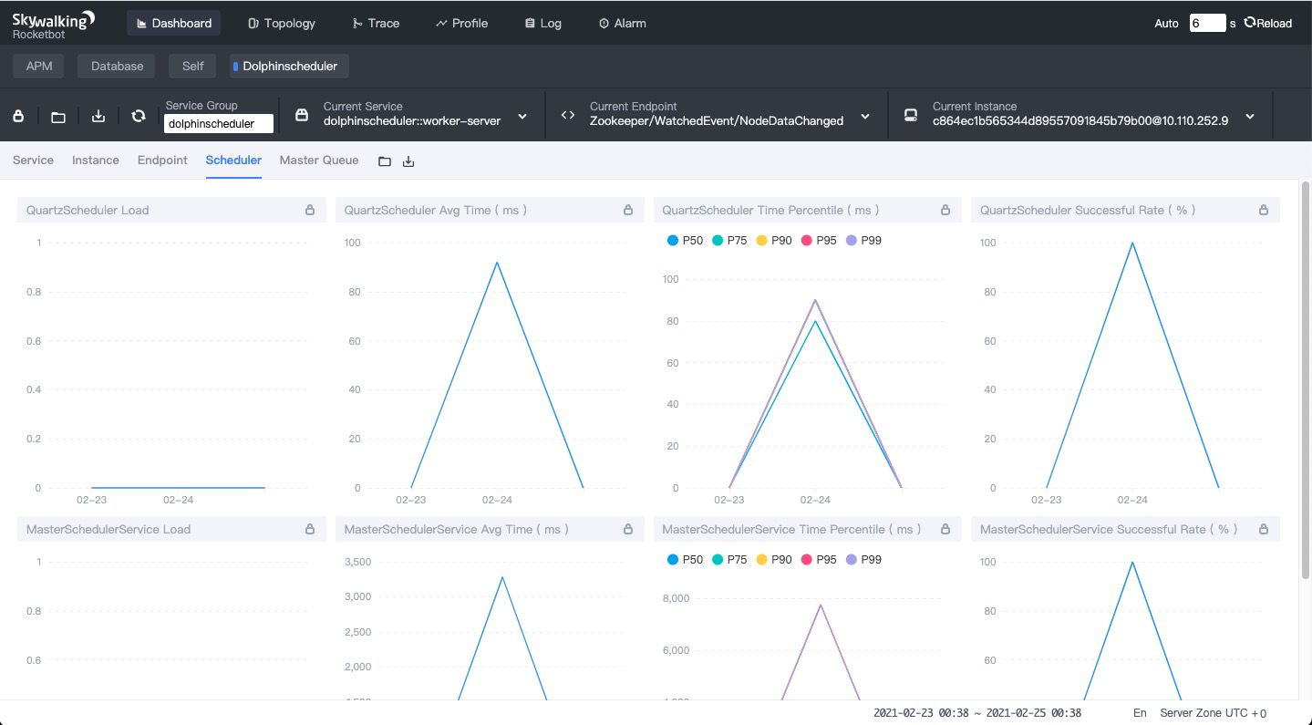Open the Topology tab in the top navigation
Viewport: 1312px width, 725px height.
pyautogui.click(x=282, y=23)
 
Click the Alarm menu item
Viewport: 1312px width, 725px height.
pyautogui.click(x=623, y=23)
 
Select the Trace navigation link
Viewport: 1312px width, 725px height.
pyautogui.click(x=376, y=23)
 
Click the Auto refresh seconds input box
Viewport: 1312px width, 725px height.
pyautogui.click(x=1207, y=23)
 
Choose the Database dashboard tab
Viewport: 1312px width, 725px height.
pyautogui.click(x=117, y=66)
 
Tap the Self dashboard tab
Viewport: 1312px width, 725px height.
pyautogui.click(x=192, y=66)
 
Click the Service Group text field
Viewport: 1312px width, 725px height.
pyautogui.click(x=219, y=123)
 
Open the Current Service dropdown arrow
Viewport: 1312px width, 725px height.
pyautogui.click(x=522, y=117)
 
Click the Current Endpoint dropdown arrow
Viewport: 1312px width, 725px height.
pyautogui.click(x=865, y=117)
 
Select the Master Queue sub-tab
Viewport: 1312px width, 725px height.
pyautogui.click(x=318, y=160)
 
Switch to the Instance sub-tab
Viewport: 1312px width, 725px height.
pyautogui.click(x=96, y=160)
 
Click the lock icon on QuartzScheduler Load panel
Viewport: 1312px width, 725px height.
pyautogui.click(x=310, y=210)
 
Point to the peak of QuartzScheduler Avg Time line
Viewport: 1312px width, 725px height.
pyautogui.click(x=497, y=262)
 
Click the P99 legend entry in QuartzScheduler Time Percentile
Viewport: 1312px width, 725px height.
pyautogui.click(x=864, y=240)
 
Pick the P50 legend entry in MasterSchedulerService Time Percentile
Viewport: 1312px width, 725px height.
pyautogui.click(x=685, y=559)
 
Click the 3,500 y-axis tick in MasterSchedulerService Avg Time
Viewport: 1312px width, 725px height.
pyautogui.click(x=357, y=562)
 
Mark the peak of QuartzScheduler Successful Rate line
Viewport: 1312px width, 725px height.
pyautogui.click(x=1132, y=243)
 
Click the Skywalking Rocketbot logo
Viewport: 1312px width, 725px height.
pyautogui.click(x=53, y=26)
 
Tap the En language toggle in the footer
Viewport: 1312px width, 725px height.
pyautogui.click(x=1139, y=713)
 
